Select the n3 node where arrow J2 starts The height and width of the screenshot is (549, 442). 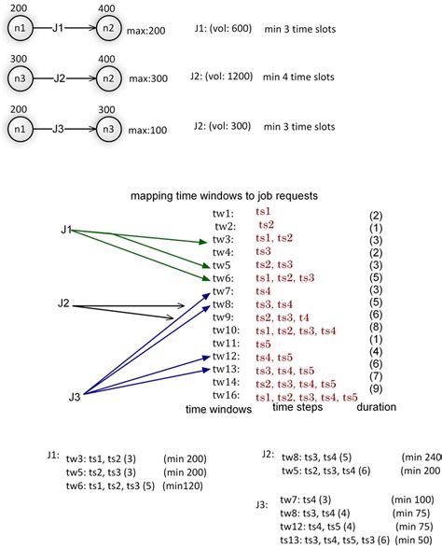pos(20,77)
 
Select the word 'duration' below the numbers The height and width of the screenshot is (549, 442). pos(376,407)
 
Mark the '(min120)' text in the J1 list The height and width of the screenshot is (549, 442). pos(182,486)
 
